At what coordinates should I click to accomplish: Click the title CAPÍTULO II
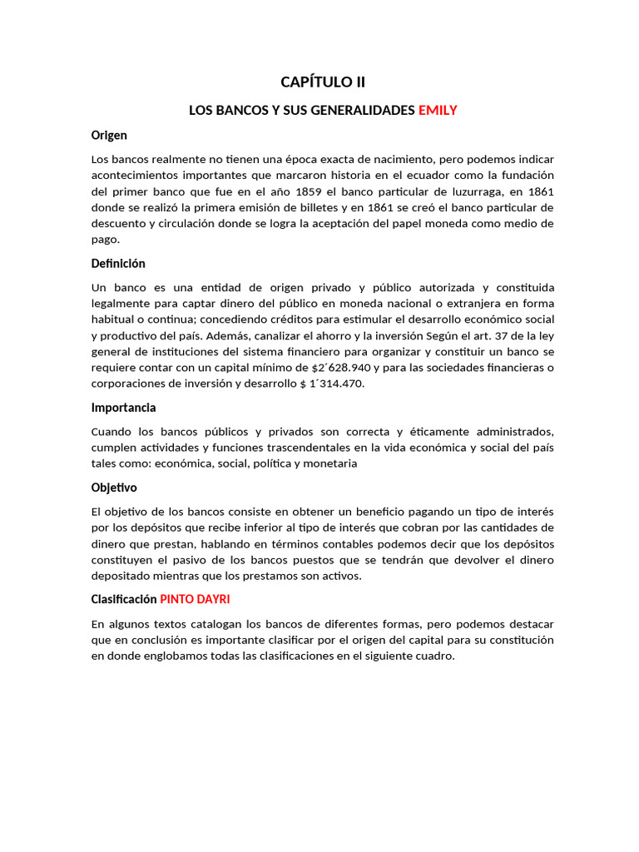click(322, 82)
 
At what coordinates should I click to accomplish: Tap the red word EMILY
click(438, 110)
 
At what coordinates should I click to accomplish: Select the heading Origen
click(109, 135)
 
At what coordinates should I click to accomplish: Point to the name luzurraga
click(463, 191)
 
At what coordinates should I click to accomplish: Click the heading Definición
click(118, 263)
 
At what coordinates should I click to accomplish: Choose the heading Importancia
click(123, 408)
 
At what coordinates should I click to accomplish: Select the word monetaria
click(329, 463)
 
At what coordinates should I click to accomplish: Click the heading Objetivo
click(114, 488)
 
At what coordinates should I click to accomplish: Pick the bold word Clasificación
click(124, 599)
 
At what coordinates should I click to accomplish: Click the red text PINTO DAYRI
click(195, 599)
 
